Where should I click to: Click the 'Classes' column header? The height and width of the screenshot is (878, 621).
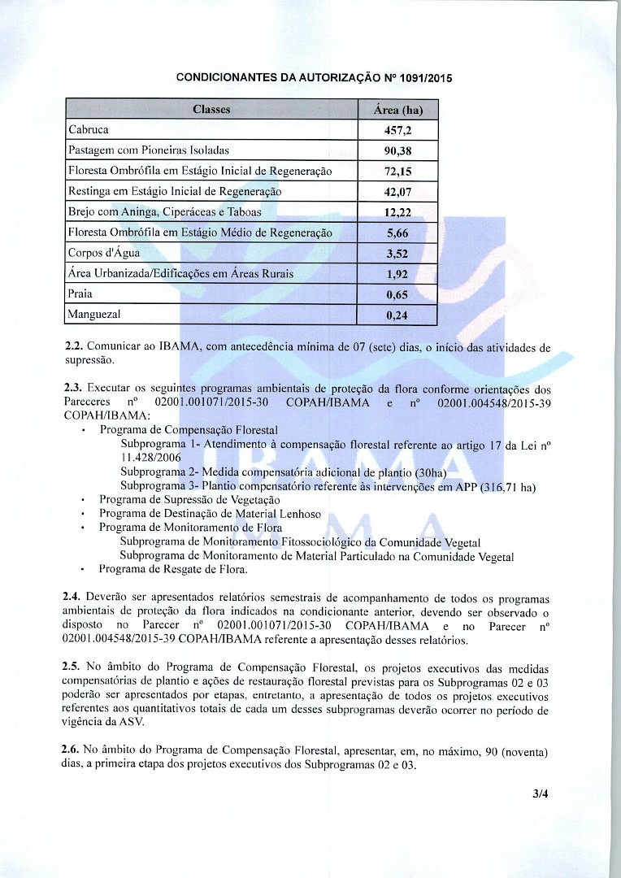pyautogui.click(x=211, y=110)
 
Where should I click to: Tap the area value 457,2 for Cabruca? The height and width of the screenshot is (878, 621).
pyautogui.click(x=397, y=130)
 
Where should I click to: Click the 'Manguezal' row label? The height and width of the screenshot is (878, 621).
pyautogui.click(x=94, y=313)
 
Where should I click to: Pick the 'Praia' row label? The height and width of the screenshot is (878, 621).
pyautogui.click(x=80, y=293)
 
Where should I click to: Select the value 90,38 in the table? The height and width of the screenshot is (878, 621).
pyautogui.click(x=397, y=151)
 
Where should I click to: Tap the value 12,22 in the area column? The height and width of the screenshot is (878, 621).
pyautogui.click(x=397, y=213)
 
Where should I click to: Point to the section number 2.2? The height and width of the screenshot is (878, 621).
pyautogui.click(x=73, y=347)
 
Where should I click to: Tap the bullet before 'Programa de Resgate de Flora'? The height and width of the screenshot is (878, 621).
pyautogui.click(x=85, y=570)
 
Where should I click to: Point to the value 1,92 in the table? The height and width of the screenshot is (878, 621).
pyautogui.click(x=397, y=274)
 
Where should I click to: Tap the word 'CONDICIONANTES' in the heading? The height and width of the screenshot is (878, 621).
pyautogui.click(x=226, y=79)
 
